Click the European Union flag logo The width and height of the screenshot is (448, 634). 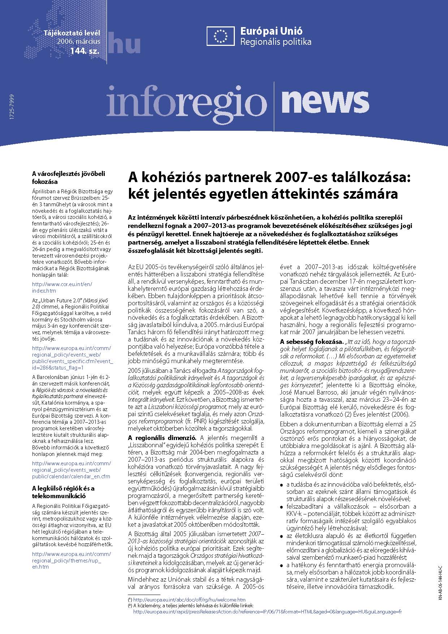tap(221, 36)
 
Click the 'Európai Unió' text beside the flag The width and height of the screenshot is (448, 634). tap(271, 31)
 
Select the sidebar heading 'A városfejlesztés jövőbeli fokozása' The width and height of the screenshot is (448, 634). tap(68, 177)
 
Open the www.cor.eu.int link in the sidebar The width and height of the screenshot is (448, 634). tap(62, 287)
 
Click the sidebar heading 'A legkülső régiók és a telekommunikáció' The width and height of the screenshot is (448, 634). tap(63, 492)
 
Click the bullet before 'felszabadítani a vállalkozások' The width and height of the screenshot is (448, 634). tap(282, 507)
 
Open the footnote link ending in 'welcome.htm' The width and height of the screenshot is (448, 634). tap(189, 600)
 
